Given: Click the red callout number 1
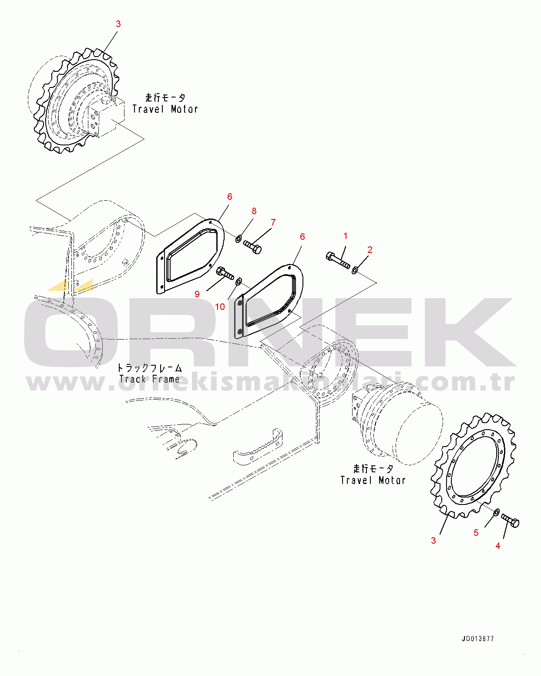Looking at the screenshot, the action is [x=345, y=235].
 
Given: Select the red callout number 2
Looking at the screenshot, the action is [x=370, y=250].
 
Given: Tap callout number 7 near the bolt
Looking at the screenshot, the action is [x=273, y=222].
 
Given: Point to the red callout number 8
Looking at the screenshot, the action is [x=254, y=211].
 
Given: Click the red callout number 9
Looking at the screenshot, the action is [x=197, y=294].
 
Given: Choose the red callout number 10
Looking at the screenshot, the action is [x=220, y=306].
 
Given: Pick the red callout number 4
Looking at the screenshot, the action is [x=497, y=546].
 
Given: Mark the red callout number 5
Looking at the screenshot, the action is [x=476, y=533].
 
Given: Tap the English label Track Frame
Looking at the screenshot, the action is [x=149, y=379].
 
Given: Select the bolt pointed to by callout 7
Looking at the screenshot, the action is [x=252, y=247].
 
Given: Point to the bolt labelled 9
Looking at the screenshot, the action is [x=225, y=273].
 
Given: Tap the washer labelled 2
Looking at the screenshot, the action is [x=354, y=270].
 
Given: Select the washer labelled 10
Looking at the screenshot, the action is [x=239, y=281].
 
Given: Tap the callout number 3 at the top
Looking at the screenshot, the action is [x=118, y=24].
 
